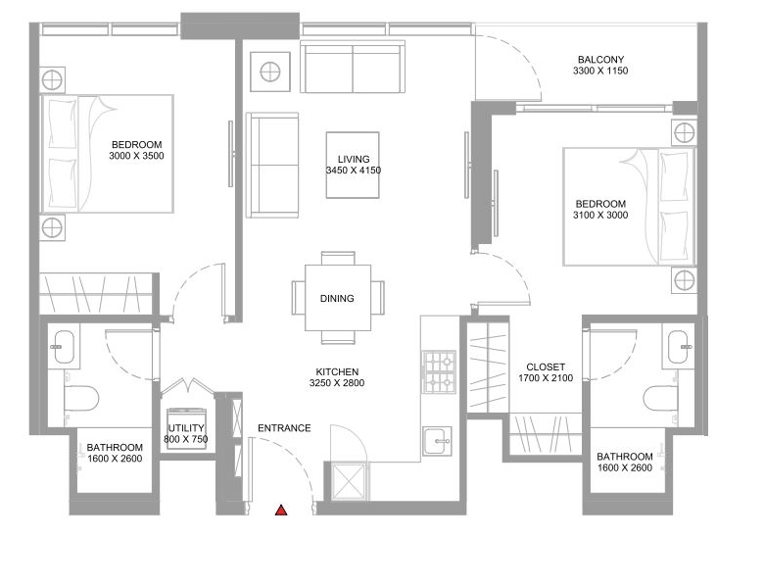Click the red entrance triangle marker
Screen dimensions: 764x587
tap(281, 511)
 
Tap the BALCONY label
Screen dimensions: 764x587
tap(600, 60)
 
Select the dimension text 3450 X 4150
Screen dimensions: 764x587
tap(354, 171)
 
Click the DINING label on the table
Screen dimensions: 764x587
tap(337, 298)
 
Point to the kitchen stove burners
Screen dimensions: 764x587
tap(440, 372)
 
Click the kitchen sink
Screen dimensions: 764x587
tap(437, 441)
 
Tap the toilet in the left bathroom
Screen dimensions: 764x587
tap(81, 397)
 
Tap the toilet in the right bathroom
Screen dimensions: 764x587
tap(661, 399)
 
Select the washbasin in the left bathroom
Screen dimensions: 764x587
tap(64, 347)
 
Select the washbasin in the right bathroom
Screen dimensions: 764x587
tap(678, 347)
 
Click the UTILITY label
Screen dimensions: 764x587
tap(186, 428)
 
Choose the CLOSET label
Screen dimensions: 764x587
tap(546, 367)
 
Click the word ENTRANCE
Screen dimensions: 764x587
tap(284, 428)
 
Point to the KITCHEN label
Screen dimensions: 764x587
tap(337, 371)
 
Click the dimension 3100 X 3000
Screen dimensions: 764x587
tap(600, 215)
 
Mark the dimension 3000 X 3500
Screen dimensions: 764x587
tap(136, 156)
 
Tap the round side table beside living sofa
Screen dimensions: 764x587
tap(270, 72)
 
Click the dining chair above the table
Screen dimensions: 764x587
tap(338, 259)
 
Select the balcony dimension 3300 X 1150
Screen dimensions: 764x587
tap(600, 71)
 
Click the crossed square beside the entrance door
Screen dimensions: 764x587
tap(349, 481)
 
